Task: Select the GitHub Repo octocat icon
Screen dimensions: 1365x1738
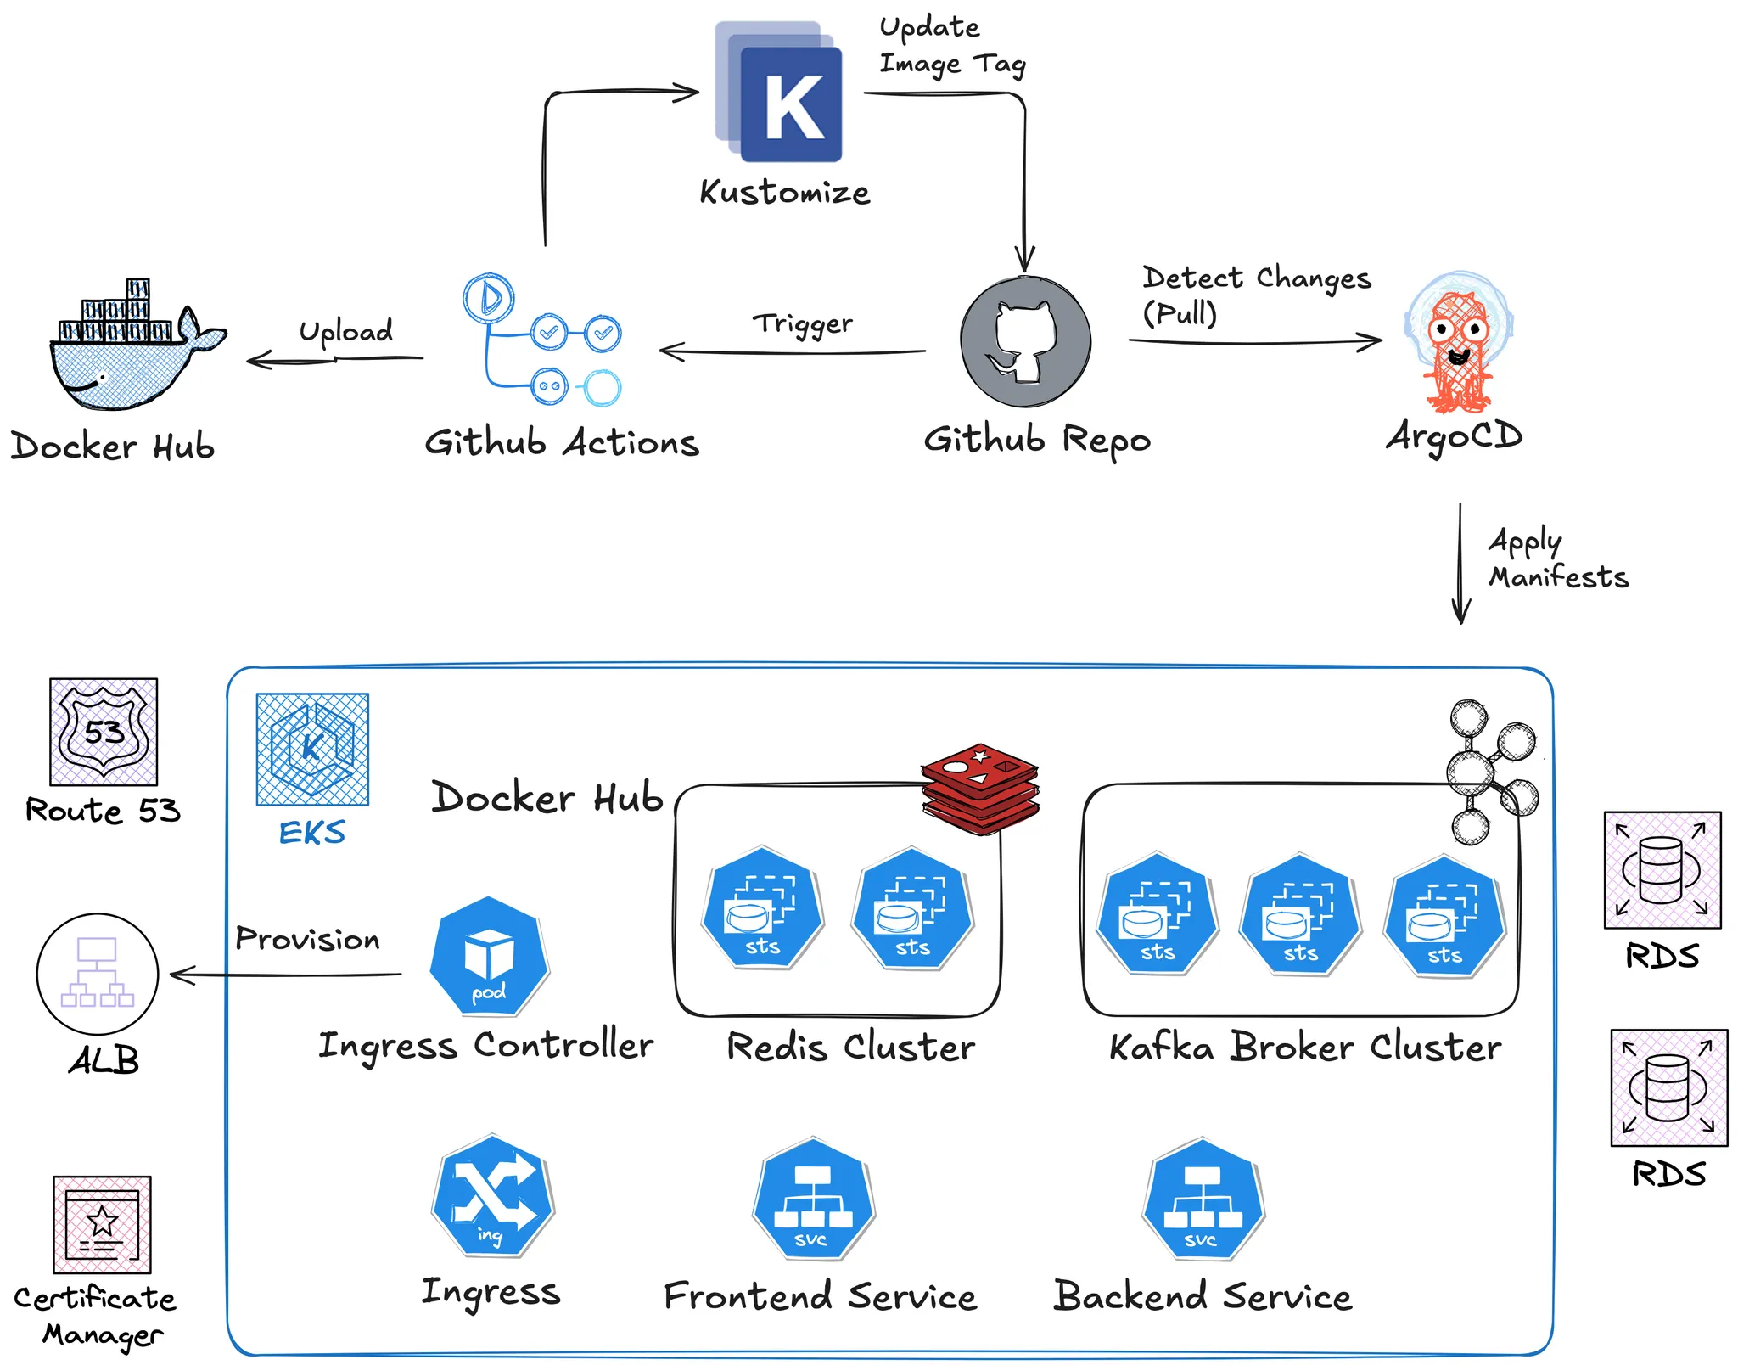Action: [1025, 341]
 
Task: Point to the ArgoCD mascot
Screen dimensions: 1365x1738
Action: [1458, 344]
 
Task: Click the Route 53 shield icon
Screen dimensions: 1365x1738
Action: [104, 732]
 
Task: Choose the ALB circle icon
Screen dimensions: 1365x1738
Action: [98, 974]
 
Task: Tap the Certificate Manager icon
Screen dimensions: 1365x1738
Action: [102, 1224]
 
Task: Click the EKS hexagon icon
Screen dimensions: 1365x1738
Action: [312, 749]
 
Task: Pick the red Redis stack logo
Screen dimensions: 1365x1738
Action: [980, 789]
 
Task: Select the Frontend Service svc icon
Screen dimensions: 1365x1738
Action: [813, 1199]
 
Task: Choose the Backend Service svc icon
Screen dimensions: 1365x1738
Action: [1203, 1199]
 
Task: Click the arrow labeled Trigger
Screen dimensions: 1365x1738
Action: [793, 351]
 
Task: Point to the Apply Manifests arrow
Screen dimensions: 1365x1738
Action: [1460, 565]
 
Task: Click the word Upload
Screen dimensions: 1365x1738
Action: [345, 331]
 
